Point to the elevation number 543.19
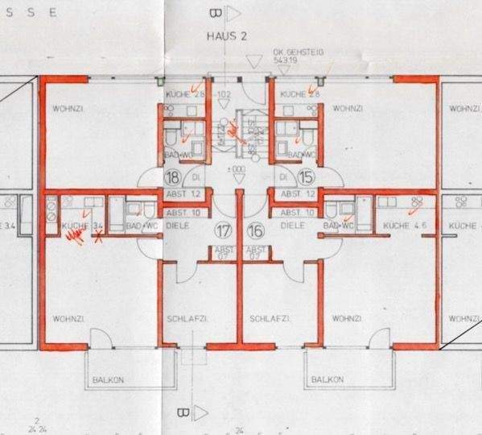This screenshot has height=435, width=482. (286, 60)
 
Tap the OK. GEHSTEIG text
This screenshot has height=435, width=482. (298, 51)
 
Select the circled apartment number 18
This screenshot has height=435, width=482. (172, 177)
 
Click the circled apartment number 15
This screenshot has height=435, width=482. (305, 177)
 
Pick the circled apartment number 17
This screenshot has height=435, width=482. (222, 231)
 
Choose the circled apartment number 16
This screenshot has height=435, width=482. (256, 231)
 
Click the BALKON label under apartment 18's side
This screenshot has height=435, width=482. (107, 379)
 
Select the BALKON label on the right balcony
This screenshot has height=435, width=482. (328, 379)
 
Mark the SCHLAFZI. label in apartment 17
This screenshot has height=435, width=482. (184, 319)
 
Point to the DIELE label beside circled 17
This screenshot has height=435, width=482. (179, 226)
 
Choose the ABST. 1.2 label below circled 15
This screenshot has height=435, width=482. (296, 194)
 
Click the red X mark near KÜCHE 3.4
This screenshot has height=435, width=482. (99, 236)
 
